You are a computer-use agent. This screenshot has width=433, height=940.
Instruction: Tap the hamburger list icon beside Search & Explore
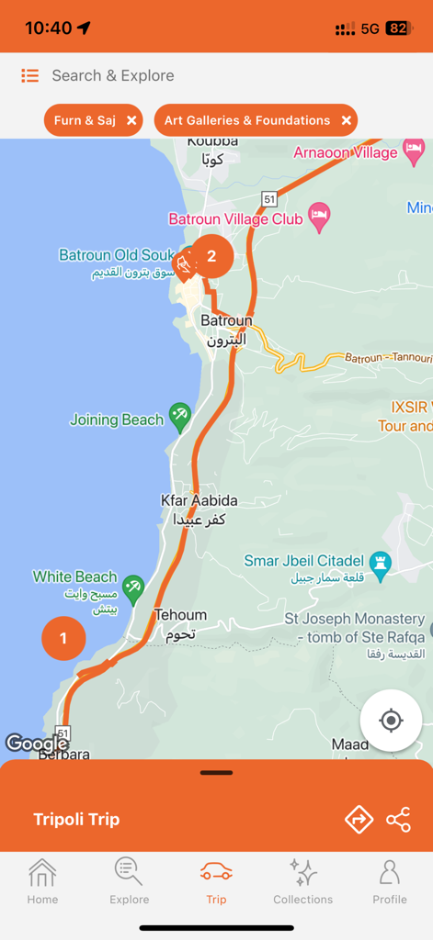pos(30,76)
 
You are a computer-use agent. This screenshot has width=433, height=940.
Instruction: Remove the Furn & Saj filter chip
pos(131,120)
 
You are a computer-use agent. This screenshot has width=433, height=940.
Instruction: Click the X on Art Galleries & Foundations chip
pos(346,120)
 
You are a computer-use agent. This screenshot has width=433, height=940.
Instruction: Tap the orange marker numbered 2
pos(211,256)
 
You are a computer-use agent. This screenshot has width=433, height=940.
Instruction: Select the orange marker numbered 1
pos(63,638)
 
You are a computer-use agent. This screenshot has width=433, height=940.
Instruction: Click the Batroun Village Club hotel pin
pos(319,217)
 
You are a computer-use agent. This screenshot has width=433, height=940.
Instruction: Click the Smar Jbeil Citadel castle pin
pos(380,561)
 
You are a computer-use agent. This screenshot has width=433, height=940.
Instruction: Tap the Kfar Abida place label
pos(199,500)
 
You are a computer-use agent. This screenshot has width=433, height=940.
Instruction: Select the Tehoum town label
pos(180,615)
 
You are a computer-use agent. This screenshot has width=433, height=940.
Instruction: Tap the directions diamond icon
pos(359,820)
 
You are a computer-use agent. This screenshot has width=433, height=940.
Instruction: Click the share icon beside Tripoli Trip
pos(398,820)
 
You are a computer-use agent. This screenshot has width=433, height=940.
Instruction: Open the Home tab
pos(42,881)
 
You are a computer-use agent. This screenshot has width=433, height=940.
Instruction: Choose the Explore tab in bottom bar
pos(129,881)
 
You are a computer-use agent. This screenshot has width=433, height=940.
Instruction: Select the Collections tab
pos(302,881)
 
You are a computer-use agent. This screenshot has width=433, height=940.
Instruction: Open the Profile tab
pos(389,881)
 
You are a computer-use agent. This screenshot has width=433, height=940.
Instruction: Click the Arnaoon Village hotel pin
pos(414,149)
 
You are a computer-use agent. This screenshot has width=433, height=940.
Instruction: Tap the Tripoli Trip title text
pos(76,820)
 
